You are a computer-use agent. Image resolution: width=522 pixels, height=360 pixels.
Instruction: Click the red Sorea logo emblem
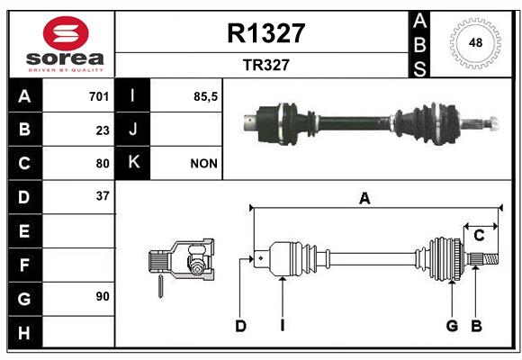[x=66, y=33]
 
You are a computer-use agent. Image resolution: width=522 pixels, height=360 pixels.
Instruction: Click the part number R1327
[x=266, y=33]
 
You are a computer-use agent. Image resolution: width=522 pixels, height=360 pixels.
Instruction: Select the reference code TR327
[x=266, y=65]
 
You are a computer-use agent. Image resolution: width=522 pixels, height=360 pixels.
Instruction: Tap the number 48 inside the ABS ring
[x=475, y=42]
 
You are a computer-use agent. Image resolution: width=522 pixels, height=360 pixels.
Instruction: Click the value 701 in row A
[x=99, y=96]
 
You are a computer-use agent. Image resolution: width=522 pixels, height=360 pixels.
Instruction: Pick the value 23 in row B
[x=103, y=130]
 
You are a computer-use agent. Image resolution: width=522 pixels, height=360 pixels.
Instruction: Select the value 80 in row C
[x=103, y=164]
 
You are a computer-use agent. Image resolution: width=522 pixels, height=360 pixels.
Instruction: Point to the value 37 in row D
[x=103, y=196]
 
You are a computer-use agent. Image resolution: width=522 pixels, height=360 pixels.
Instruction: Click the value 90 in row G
[x=103, y=296]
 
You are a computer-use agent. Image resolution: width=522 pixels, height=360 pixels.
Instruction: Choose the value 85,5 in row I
[x=205, y=96]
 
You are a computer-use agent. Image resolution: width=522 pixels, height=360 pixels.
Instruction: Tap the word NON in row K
[x=203, y=164]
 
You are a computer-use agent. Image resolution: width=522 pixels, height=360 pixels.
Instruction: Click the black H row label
[x=25, y=332]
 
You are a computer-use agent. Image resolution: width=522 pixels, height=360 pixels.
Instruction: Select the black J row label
[x=132, y=129]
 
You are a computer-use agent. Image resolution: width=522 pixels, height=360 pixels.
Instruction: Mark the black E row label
[x=25, y=230]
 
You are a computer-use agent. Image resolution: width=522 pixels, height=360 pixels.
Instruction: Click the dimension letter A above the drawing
[x=364, y=199]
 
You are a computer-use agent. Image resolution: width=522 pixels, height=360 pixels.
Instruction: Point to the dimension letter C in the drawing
[x=479, y=236]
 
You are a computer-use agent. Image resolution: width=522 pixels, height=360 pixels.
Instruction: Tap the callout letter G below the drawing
[x=452, y=326]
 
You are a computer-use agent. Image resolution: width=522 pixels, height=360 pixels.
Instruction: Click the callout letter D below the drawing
[x=240, y=326]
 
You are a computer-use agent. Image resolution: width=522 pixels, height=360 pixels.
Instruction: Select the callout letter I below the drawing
[x=283, y=326]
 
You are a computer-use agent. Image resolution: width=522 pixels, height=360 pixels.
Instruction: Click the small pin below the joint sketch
[x=160, y=286]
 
